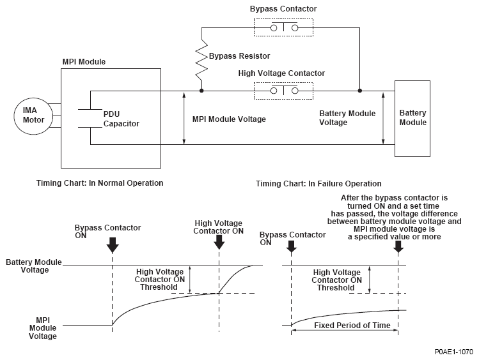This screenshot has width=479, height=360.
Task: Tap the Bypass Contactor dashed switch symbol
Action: point(284,28)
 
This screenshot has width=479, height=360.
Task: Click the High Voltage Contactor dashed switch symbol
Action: point(284,91)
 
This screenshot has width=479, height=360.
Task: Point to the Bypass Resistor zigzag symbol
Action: point(201,63)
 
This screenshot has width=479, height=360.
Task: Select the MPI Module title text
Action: point(84,62)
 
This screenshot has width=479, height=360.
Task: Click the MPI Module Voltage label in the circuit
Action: point(229,119)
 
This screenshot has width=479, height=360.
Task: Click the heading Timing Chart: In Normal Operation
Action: point(100,183)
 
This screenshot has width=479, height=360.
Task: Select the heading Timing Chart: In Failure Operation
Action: point(318,184)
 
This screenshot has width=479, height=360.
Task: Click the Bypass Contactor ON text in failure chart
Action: point(292,238)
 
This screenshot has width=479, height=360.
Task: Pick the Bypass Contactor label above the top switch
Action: point(284,9)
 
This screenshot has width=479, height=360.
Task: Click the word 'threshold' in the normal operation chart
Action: point(157,287)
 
